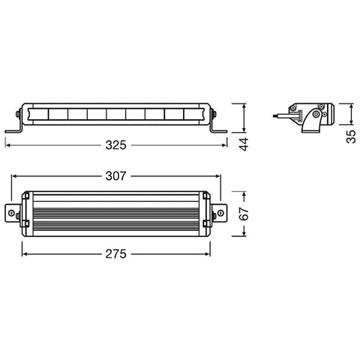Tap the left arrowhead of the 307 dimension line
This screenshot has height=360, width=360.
[x=14, y=177]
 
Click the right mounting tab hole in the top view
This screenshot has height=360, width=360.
[x=220, y=214]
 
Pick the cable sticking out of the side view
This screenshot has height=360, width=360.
[x=281, y=115]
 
